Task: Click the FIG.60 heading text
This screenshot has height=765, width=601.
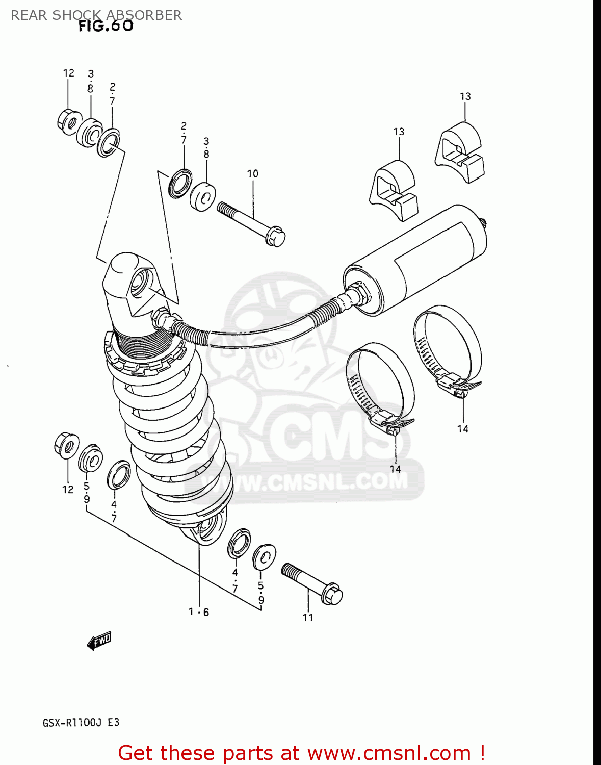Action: [x=106, y=26]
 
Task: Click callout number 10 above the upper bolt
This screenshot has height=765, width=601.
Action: [x=253, y=174]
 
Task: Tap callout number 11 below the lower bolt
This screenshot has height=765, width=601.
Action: [x=308, y=618]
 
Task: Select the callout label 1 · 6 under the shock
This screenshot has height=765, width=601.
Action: [x=199, y=612]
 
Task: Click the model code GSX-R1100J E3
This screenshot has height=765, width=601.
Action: [x=81, y=723]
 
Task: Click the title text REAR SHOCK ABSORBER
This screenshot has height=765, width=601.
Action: [x=96, y=15]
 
